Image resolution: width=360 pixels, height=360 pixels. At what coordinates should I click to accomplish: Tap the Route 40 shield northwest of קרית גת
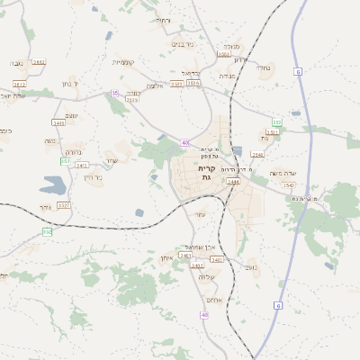click(x=184, y=142)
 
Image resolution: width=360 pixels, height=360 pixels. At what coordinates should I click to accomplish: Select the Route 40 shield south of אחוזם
click(x=204, y=314)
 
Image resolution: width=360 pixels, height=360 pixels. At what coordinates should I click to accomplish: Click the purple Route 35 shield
click(x=114, y=93)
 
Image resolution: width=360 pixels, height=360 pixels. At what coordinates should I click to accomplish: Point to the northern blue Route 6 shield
click(x=277, y=122)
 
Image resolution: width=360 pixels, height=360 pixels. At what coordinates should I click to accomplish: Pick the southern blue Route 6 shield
click(x=277, y=306)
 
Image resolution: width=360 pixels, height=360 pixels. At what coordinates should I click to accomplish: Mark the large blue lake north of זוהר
click(x=52, y=186)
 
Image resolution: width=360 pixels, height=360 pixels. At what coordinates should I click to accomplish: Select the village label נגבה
click(x=16, y=63)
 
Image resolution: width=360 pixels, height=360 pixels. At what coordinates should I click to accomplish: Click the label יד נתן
click(x=70, y=83)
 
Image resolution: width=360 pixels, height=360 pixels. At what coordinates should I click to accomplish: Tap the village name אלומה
click(x=155, y=85)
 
